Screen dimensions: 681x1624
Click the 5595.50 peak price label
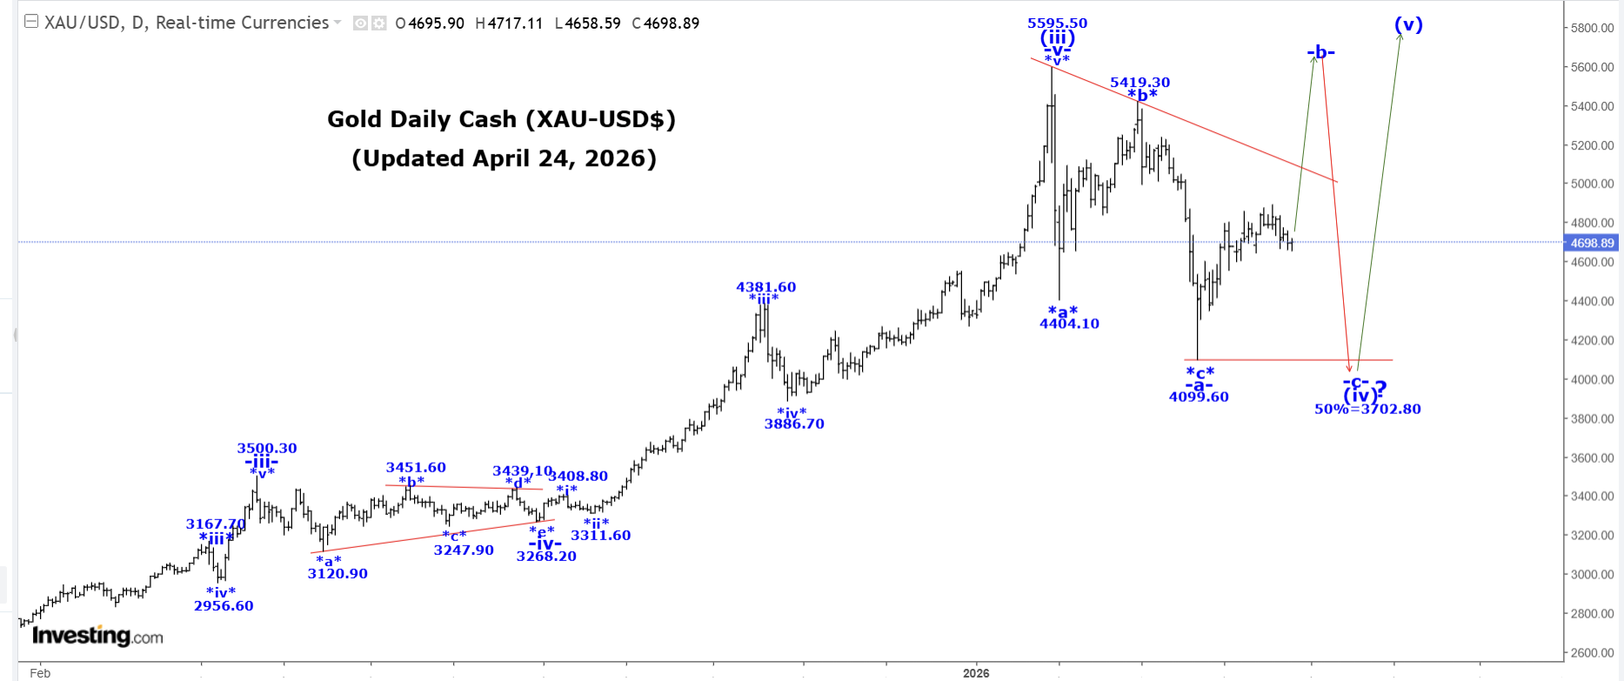[1057, 23]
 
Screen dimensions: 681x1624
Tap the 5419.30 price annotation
[1139, 83]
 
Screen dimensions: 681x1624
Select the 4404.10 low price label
[1069, 324]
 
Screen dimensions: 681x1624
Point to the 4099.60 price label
[1199, 397]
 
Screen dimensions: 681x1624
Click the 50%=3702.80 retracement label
[1367, 409]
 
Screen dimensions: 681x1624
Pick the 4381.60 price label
[765, 287]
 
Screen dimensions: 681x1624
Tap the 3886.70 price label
[794, 424]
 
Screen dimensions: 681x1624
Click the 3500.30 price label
[267, 449]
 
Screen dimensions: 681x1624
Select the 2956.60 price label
[224, 606]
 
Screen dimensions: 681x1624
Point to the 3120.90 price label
[337, 574]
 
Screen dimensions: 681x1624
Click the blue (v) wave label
[1408, 25]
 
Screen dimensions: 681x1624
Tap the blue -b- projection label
[1320, 53]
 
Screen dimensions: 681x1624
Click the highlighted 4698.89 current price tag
[1591, 244]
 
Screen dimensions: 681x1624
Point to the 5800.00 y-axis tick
[1592, 29]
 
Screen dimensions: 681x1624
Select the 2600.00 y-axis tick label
[1592, 653]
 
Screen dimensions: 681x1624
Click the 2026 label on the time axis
[976, 673]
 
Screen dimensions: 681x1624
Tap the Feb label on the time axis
[40, 673]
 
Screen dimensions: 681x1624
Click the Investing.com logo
[97, 637]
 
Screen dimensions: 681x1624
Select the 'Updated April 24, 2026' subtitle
[504, 158]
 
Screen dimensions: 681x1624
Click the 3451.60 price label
[416, 468]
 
